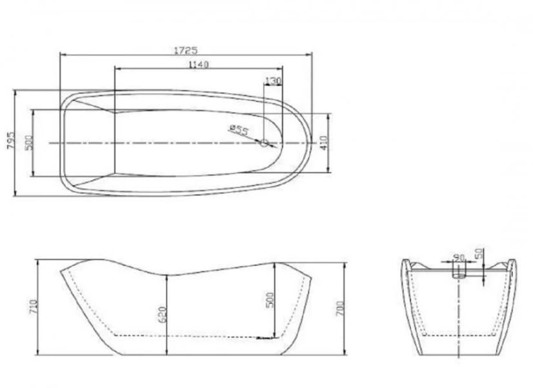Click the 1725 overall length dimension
185,49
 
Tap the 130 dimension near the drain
274,81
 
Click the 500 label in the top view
28,142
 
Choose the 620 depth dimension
163,314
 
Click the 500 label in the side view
270,299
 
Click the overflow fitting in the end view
459,272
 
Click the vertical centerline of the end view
459,323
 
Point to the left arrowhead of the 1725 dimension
62,54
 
